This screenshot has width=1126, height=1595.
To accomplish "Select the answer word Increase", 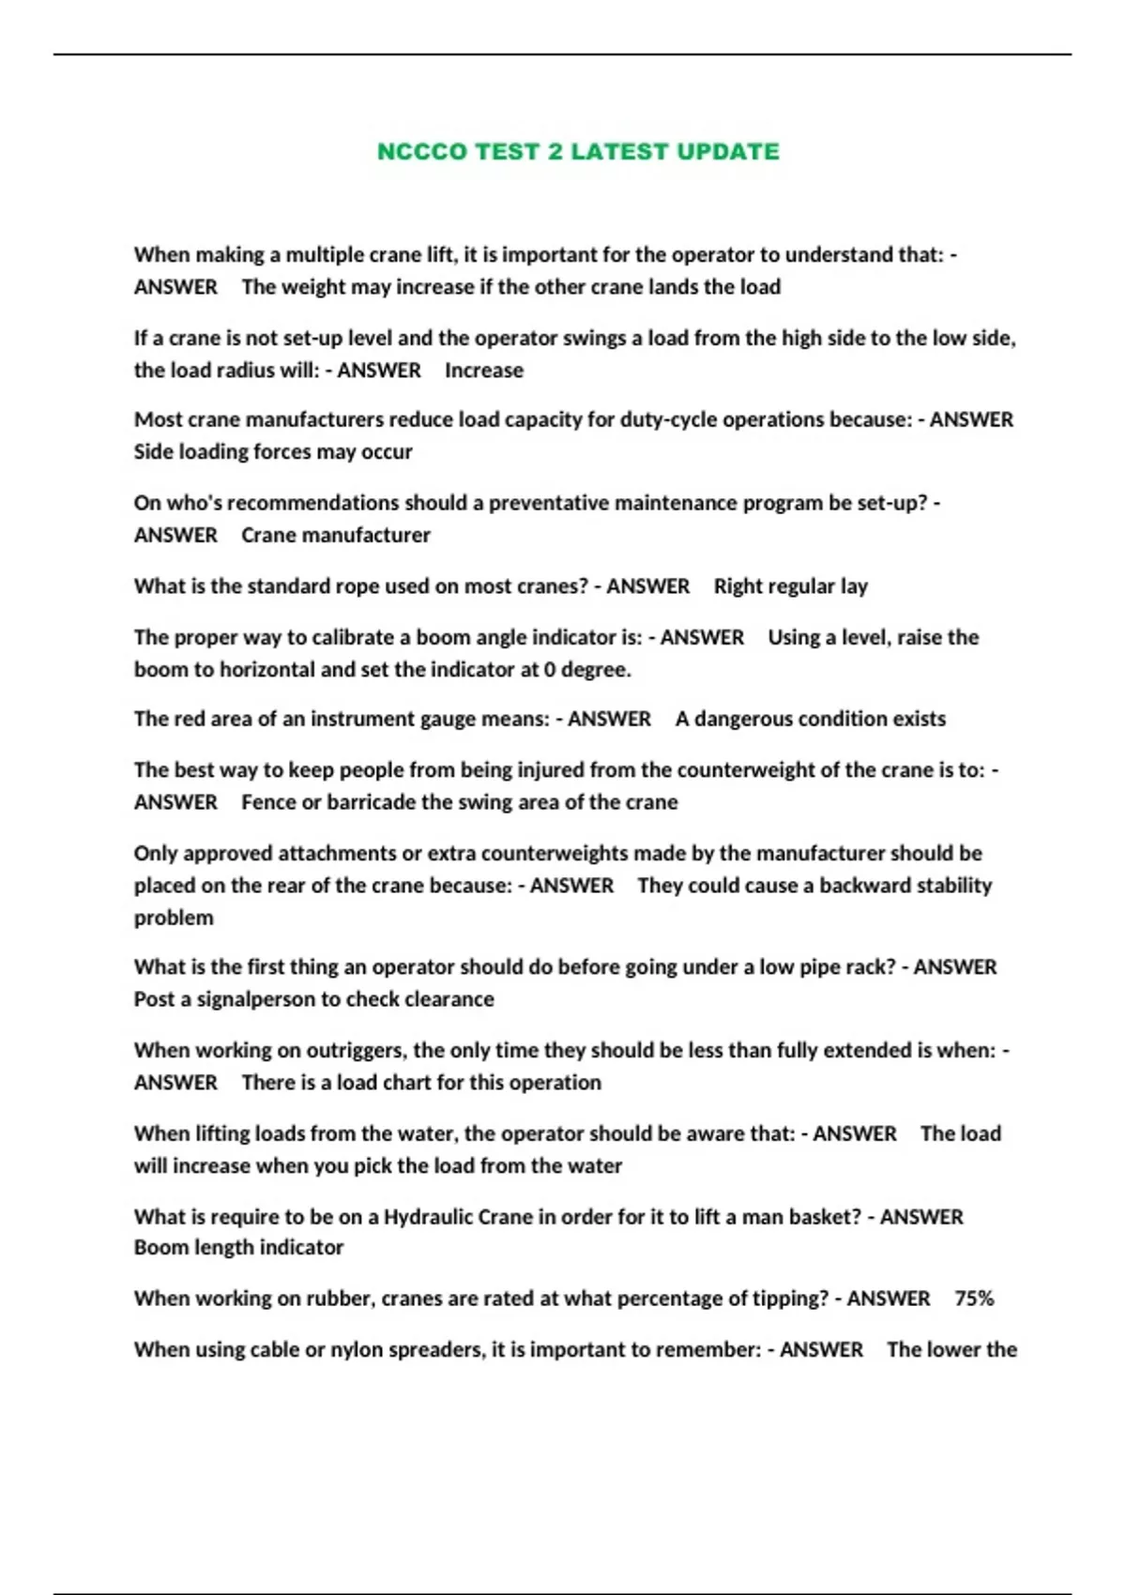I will click(484, 371).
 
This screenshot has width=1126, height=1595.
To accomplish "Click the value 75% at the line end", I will click(974, 1299).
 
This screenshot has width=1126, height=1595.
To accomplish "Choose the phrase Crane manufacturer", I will click(336, 535).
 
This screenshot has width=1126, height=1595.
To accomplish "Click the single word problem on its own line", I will click(174, 918).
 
